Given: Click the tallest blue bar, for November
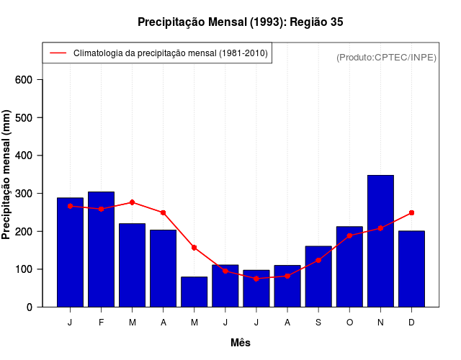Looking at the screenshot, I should pyautogui.click(x=380, y=241).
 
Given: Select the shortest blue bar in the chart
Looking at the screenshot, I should pyautogui.click(x=194, y=292).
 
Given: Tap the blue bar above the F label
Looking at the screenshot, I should pyautogui.click(x=101, y=249).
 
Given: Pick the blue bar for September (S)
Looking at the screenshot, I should pyautogui.click(x=318, y=276).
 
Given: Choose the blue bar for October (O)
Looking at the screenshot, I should pyautogui.click(x=349, y=266).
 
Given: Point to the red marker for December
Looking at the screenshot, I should pyautogui.click(x=411, y=212).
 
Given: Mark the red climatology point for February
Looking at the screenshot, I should pyautogui.click(x=101, y=209).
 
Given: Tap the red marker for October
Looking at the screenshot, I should pyautogui.click(x=349, y=235).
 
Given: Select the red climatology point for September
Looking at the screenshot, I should pyautogui.click(x=318, y=260).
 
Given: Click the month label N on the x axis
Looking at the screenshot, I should pyautogui.click(x=380, y=323).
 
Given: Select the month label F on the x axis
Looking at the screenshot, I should pyautogui.click(x=101, y=323).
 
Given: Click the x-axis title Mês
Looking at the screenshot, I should pyautogui.click(x=241, y=343).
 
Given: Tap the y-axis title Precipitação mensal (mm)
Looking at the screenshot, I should pyautogui.click(x=7, y=175).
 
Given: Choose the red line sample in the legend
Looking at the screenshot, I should pyautogui.click(x=58, y=53).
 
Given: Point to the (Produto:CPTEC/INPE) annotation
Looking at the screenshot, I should pyautogui.click(x=387, y=57).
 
